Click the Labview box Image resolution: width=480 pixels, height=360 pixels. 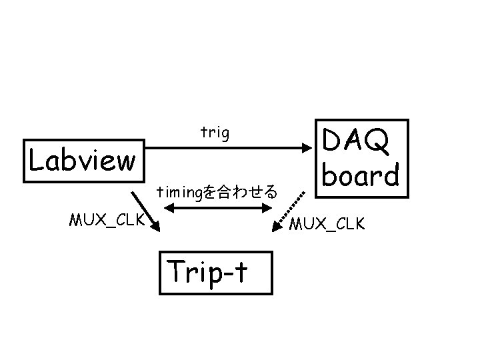[84, 161]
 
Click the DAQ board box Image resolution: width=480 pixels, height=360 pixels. [360, 158]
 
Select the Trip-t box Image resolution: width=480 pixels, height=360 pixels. [216, 272]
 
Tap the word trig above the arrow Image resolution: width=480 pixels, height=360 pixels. [215, 133]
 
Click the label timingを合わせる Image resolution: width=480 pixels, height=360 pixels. [216, 193]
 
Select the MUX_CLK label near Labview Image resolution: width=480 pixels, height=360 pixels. [107, 219]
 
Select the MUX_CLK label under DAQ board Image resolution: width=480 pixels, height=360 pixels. [327, 223]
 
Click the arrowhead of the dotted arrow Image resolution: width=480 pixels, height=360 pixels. [277, 229]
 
